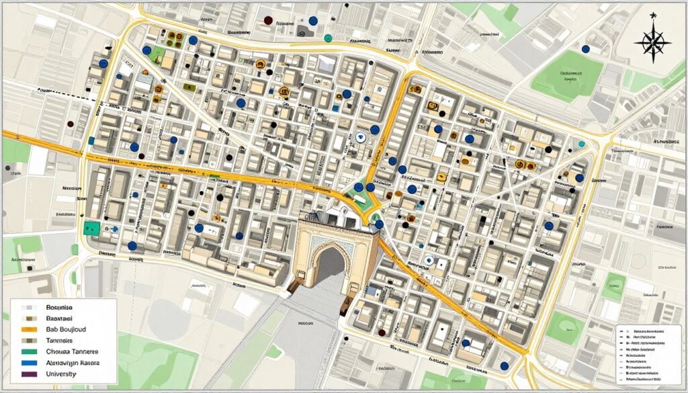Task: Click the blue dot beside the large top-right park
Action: pos(585,49)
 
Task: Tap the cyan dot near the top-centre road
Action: pos(328,38)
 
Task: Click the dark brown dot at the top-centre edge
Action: pos(268,21)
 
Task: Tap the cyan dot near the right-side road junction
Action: pos(582,144)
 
